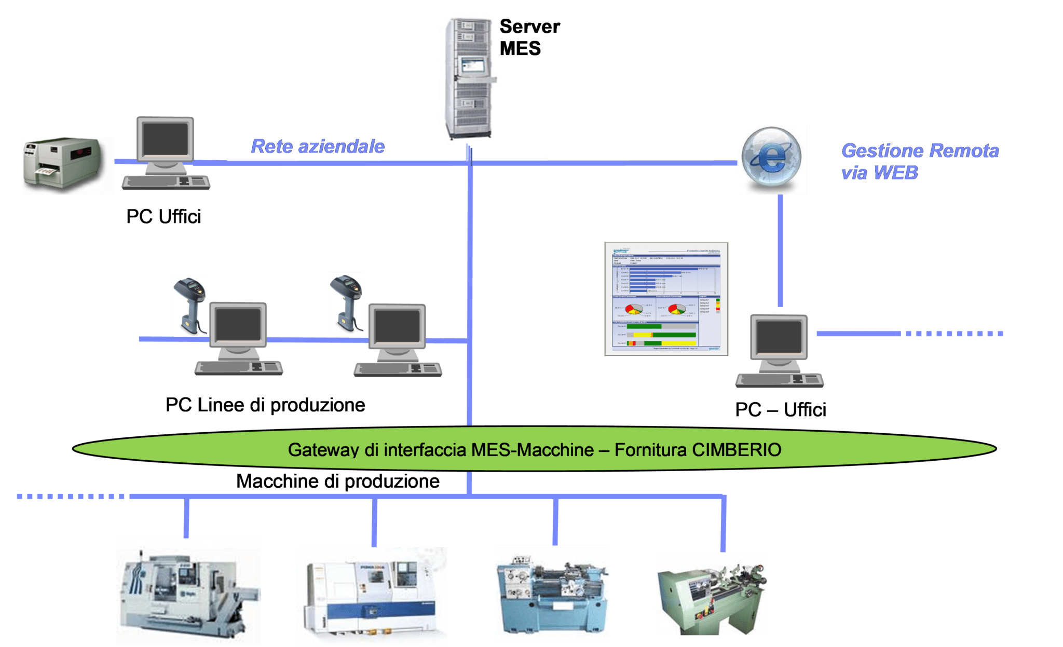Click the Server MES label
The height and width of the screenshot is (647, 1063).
(x=529, y=37)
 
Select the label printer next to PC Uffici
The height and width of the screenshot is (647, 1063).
(x=68, y=165)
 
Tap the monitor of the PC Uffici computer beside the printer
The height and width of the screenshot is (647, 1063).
(x=165, y=140)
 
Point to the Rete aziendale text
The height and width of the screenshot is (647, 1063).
(x=317, y=147)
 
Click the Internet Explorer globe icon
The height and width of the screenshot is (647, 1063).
(x=771, y=159)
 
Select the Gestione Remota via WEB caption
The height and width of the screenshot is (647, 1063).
(x=919, y=161)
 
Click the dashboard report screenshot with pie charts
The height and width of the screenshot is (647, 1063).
(x=666, y=299)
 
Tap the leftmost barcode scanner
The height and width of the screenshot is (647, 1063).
(x=190, y=305)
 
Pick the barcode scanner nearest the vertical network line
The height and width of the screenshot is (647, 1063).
(x=346, y=303)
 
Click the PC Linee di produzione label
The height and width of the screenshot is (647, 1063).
(x=265, y=405)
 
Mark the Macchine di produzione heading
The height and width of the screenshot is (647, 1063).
(x=338, y=481)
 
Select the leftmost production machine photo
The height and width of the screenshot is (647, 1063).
(x=188, y=591)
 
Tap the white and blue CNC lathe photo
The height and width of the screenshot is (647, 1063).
(x=371, y=596)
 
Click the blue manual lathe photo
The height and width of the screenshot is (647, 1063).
(x=552, y=593)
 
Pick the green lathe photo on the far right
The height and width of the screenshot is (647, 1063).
(x=711, y=594)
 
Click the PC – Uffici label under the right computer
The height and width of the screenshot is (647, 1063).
(x=780, y=410)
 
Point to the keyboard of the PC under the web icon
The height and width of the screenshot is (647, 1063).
(x=780, y=380)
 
